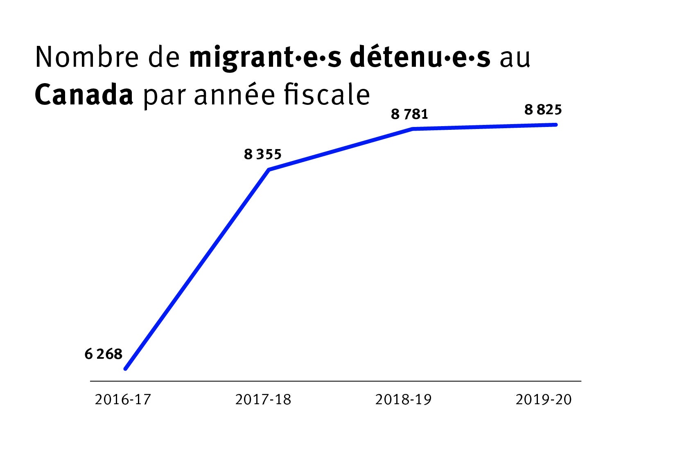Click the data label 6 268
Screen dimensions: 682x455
tap(103, 354)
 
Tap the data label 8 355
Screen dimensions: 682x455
tap(263, 154)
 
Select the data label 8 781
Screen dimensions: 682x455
tap(409, 114)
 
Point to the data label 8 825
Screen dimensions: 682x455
tap(543, 110)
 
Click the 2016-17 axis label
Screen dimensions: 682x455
tap(123, 399)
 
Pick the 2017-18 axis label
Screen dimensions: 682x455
tap(263, 399)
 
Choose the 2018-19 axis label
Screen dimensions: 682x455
tap(403, 399)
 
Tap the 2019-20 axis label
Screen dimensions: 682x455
tap(543, 399)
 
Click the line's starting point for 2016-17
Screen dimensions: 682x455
tap(126, 369)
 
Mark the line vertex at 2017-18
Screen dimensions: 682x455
tap(269, 169)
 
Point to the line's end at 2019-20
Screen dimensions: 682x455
tap(556, 125)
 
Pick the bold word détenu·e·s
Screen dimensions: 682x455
tap(420, 57)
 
